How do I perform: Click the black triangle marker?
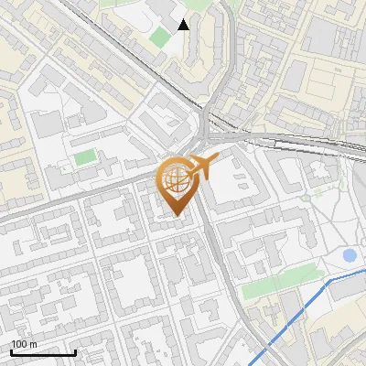pyautogui.click(x=184, y=25)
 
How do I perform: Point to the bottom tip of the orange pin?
pyautogui.click(x=176, y=215)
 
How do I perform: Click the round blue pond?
pyautogui.click(x=349, y=255)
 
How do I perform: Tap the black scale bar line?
pyautogui.click(x=43, y=352)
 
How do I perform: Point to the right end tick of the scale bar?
pyautogui.click(x=75, y=350)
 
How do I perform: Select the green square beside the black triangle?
pyautogui.click(x=161, y=38)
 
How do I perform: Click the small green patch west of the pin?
pyautogui.click(x=85, y=157)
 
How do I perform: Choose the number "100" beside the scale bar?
pyautogui.click(x=17, y=344)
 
